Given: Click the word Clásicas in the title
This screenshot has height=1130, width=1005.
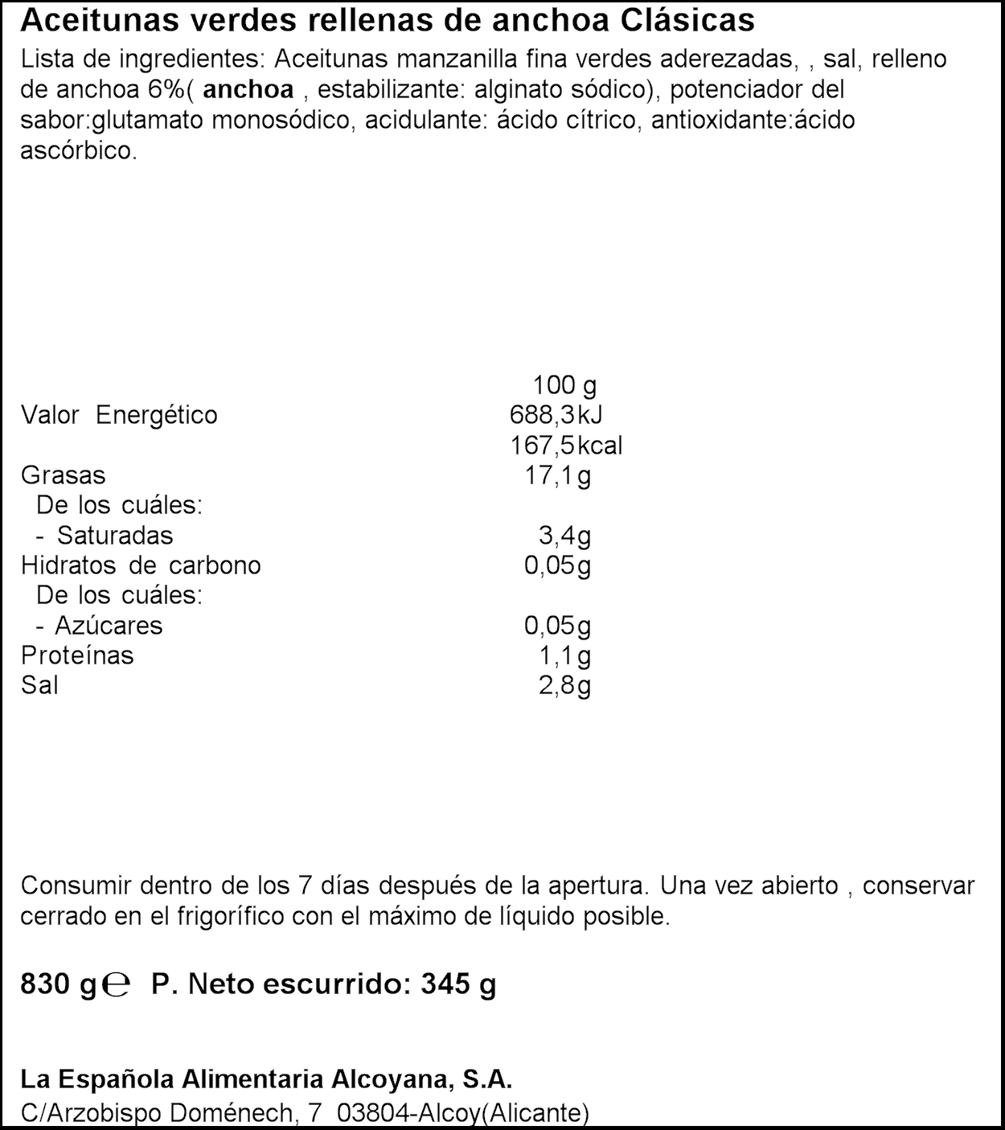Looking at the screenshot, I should (688, 21).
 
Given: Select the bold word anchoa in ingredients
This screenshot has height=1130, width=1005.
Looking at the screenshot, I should (248, 90).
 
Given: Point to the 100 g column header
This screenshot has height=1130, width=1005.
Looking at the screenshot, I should (564, 385).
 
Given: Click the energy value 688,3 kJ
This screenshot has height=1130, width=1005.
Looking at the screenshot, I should (556, 415).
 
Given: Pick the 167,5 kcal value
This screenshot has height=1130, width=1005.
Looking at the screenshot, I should (566, 446).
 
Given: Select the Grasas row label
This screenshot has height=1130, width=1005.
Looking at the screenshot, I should (64, 475).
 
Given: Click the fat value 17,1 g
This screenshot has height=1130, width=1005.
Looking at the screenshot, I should (557, 475).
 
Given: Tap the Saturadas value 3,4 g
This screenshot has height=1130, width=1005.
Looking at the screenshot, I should (564, 536).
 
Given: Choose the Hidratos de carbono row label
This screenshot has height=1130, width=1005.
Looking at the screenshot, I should (142, 565).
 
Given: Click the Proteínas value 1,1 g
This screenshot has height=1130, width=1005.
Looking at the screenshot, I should (564, 655).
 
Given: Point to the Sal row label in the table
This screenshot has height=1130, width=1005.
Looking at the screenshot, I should (39, 685).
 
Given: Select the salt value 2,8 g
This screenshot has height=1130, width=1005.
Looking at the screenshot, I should (564, 685).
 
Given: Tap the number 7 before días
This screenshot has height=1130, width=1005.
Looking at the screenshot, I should (304, 886).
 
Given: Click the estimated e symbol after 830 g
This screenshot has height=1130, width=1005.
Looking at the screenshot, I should (117, 985).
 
